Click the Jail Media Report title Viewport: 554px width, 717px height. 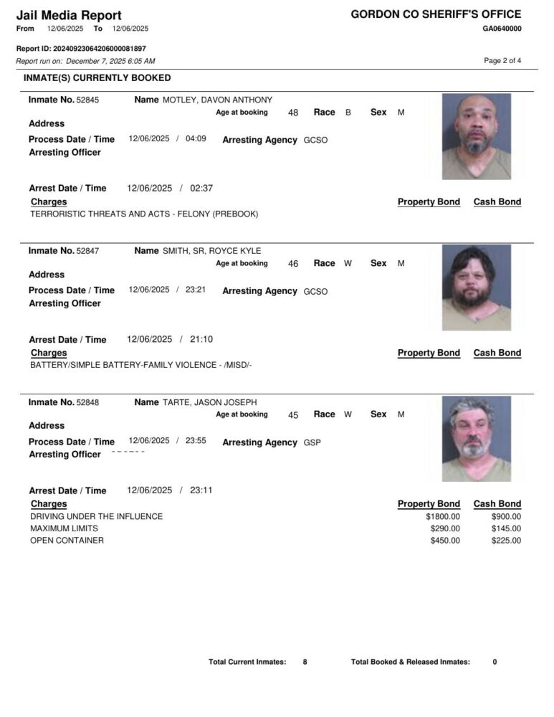click(x=69, y=15)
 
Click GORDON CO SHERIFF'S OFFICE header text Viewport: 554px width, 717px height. click(x=436, y=14)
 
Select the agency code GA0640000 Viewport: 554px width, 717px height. click(x=502, y=29)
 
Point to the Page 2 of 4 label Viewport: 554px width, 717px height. click(x=502, y=61)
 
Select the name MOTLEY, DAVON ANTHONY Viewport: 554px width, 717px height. click(x=217, y=100)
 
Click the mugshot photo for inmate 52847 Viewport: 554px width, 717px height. click(x=476, y=287)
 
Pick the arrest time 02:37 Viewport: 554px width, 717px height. click(x=201, y=189)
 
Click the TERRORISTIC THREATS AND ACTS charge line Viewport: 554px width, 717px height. click(x=144, y=214)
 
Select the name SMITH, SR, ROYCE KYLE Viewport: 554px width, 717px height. click(x=211, y=252)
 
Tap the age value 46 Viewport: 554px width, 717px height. click(x=293, y=264)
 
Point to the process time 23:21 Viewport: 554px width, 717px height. click(x=196, y=290)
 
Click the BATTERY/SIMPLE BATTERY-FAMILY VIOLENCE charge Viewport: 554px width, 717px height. click(x=140, y=366)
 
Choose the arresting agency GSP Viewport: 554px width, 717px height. click(x=312, y=443)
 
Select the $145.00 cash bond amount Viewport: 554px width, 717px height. click(x=506, y=529)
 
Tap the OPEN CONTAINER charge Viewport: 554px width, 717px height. click(x=67, y=541)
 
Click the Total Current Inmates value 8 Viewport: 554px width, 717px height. click(x=305, y=663)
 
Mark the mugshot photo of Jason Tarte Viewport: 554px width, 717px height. click(x=476, y=438)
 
